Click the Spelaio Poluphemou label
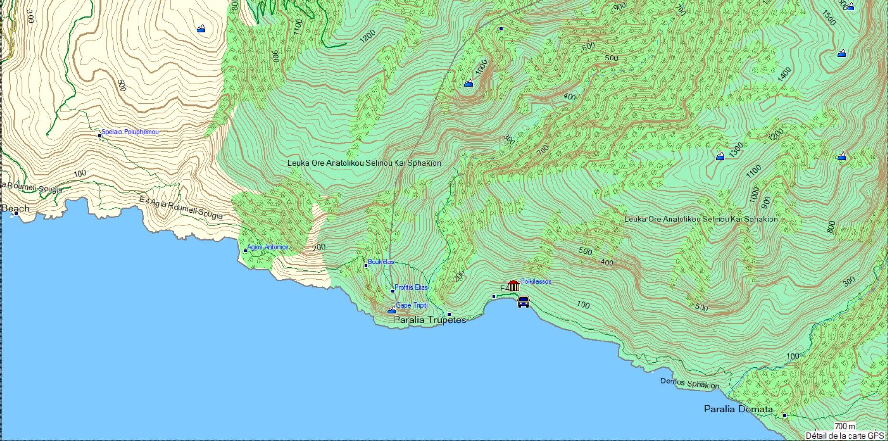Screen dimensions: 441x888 (x=130, y=132)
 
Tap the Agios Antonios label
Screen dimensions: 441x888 (x=268, y=247)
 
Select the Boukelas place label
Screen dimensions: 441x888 (x=381, y=261)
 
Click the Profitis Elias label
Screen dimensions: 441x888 (x=411, y=287)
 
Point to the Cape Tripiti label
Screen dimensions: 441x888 (x=412, y=305)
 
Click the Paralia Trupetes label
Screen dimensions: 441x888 (x=430, y=320)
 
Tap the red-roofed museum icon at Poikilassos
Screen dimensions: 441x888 (x=513, y=286)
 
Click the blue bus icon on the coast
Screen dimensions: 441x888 (x=523, y=301)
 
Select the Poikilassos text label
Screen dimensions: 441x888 (x=536, y=281)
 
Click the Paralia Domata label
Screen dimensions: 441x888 (x=738, y=409)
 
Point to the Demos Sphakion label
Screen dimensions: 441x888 (x=690, y=383)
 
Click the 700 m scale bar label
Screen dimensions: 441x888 (x=845, y=426)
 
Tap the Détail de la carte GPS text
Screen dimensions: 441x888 (x=845, y=436)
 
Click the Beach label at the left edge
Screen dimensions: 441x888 (x=15, y=209)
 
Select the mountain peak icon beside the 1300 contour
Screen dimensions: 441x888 (x=720, y=156)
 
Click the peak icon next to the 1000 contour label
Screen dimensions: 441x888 (x=469, y=83)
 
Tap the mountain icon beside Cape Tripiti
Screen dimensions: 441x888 (x=392, y=311)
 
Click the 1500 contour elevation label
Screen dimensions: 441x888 (x=829, y=18)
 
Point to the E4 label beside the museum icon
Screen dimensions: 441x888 (x=504, y=289)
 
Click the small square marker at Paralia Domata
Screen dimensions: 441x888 (x=785, y=416)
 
